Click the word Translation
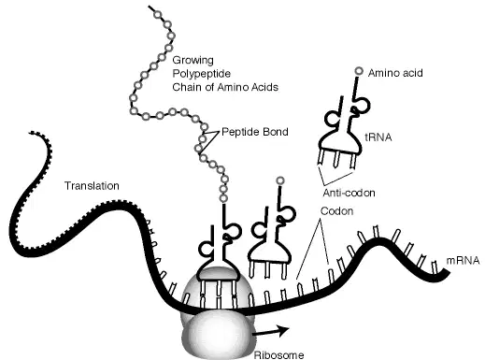point(92,186)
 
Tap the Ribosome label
point(278,355)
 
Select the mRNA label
point(463,261)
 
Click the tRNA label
point(378,137)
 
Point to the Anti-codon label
point(349,193)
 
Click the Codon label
point(336,211)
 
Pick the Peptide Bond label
point(255,132)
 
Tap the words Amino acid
point(395,73)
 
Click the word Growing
point(193,60)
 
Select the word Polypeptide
point(202,74)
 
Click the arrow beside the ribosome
point(271,332)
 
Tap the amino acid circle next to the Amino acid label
point(359,71)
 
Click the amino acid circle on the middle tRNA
point(280,180)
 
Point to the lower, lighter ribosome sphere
point(218,337)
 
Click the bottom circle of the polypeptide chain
point(223,198)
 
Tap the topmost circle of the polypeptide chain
point(158,15)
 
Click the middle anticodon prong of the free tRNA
point(336,159)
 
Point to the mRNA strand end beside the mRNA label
point(448,274)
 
